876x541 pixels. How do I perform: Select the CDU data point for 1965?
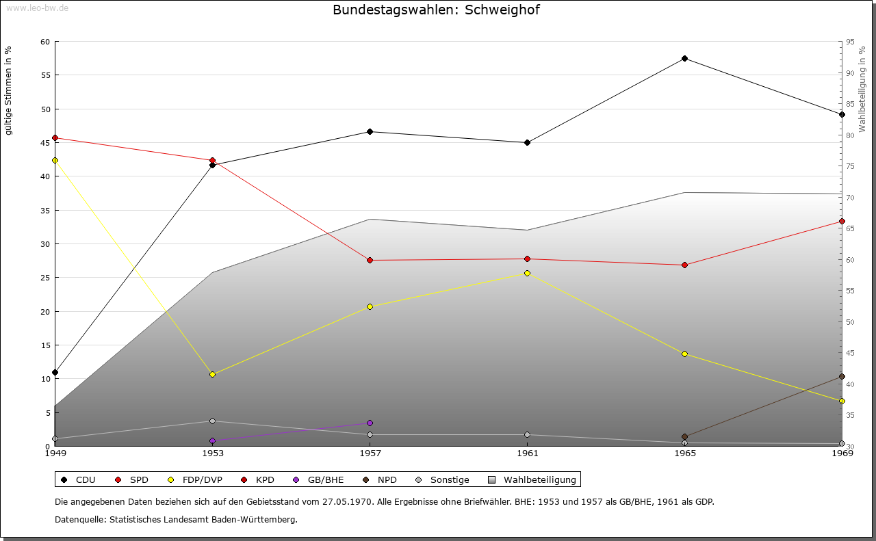684,59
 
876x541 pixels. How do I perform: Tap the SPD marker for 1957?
370,261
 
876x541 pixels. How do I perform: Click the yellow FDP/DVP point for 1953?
212,375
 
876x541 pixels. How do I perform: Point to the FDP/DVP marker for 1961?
527,274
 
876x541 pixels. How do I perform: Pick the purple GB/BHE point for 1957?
370,423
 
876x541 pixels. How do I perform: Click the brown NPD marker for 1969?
842,377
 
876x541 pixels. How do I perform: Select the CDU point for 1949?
55,373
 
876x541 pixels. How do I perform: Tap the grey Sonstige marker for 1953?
212,421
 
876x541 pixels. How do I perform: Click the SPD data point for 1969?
842,222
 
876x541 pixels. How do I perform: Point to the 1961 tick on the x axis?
527,453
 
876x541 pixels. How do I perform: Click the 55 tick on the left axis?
45,75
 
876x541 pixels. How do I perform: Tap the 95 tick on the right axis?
849,42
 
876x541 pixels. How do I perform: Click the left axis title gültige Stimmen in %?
9,90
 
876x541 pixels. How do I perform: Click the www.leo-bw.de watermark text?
37,7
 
